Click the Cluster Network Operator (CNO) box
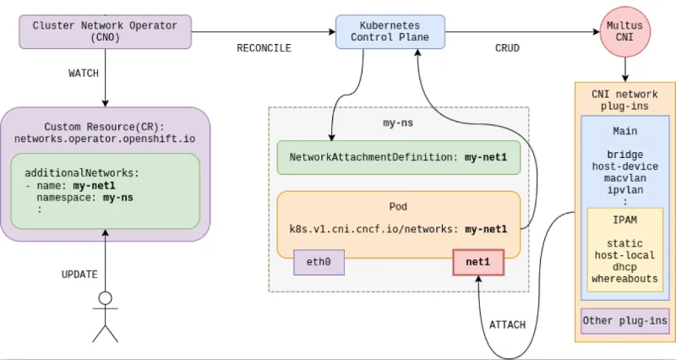point(105,31)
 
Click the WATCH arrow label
point(84,74)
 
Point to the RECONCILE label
point(264,48)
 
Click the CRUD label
point(507,48)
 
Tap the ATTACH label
point(507,325)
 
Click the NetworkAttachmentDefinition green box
point(398,158)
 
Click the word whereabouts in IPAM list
point(624,278)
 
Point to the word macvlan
point(624,179)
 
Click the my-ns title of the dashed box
point(398,123)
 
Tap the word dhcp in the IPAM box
point(624,266)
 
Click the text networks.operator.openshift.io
point(105,137)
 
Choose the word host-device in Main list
point(624,167)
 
